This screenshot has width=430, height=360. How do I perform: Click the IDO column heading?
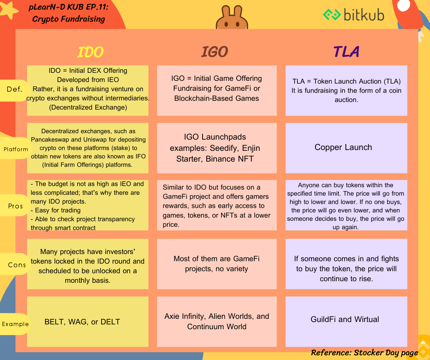[x=90, y=52]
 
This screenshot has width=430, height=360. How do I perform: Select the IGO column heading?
[x=215, y=52]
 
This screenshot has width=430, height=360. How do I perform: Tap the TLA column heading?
[x=346, y=52]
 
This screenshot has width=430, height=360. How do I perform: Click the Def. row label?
[x=14, y=89]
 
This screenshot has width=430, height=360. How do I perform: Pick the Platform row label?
[x=16, y=149]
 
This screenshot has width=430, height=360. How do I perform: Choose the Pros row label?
[x=15, y=206]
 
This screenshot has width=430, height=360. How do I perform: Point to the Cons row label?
[x=16, y=264]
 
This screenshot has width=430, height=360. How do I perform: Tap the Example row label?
[x=15, y=324]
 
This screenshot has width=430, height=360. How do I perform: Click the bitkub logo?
[x=354, y=15]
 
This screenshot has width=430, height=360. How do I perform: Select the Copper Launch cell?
[x=346, y=148]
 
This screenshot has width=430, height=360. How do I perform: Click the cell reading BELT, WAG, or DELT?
[x=87, y=322]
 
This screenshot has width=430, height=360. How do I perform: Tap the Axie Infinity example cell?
[x=217, y=322]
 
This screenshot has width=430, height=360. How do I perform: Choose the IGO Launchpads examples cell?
[x=217, y=148]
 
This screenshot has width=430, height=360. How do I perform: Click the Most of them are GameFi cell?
[x=217, y=264]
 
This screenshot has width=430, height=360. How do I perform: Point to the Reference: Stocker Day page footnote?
[x=364, y=352]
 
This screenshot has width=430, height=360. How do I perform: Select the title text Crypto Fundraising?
[x=68, y=19]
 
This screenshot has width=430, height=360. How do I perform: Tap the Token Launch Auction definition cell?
[x=346, y=90]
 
